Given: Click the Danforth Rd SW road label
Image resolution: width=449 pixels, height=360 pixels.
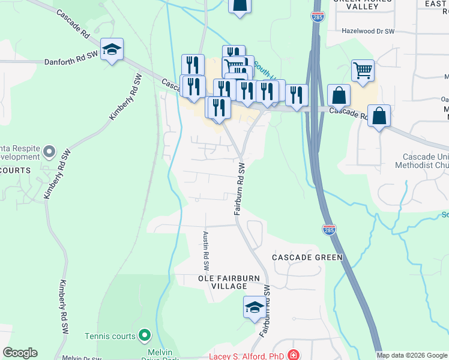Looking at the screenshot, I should click(71, 62).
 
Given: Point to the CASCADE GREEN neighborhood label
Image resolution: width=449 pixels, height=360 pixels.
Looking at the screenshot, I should click(307, 257).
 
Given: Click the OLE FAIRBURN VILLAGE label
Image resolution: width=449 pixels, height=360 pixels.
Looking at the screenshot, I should click(223, 282).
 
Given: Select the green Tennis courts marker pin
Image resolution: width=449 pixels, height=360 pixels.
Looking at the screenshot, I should click(144, 334).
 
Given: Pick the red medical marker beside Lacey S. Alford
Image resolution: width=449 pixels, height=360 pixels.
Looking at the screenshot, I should click(293, 355).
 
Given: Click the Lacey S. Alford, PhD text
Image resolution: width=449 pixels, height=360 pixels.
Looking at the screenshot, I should click(246, 356).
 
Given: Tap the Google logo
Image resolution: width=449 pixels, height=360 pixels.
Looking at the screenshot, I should click(20, 353).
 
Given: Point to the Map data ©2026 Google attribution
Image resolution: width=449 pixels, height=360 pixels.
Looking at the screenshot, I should click(412, 355).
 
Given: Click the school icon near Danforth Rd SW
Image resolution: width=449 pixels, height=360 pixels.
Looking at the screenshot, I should click(112, 49).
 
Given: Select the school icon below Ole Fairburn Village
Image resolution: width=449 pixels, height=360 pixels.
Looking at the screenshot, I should click(255, 307).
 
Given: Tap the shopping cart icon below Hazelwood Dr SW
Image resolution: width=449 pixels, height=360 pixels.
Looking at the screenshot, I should click(363, 70).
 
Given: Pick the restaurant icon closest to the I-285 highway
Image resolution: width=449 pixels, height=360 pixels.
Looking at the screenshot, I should click(297, 95).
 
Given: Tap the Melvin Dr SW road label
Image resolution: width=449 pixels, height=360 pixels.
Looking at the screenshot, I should click(81, 358).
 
